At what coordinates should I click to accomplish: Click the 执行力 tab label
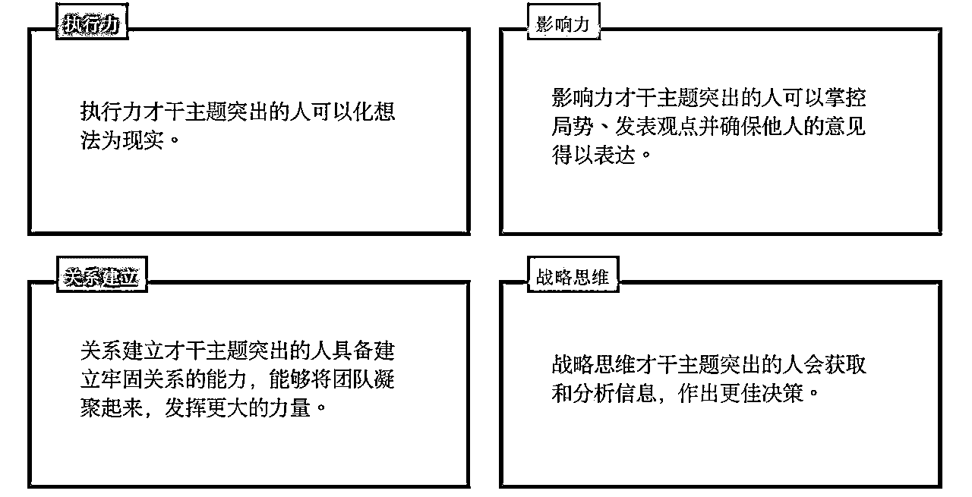(x=92, y=24)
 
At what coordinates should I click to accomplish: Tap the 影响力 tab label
(x=563, y=24)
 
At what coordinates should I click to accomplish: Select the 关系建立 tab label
(x=101, y=277)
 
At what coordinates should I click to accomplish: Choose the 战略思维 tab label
(x=573, y=277)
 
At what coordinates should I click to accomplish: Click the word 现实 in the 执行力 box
(x=143, y=140)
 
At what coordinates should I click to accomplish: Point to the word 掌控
(x=845, y=98)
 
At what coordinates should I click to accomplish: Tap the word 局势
(x=573, y=126)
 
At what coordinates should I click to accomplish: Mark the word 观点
(x=677, y=126)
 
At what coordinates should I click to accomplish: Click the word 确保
(x=740, y=126)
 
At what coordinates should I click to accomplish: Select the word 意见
(x=845, y=126)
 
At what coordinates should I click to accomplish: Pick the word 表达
(x=614, y=155)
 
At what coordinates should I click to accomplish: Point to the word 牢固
(x=122, y=379)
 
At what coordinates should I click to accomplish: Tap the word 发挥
(x=185, y=407)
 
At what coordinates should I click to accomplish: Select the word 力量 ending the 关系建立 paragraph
(x=290, y=407)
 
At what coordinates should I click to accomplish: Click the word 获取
(x=845, y=365)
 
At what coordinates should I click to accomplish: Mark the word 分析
(x=593, y=393)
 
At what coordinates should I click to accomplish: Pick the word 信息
(x=636, y=393)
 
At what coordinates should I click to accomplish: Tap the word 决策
(x=782, y=393)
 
